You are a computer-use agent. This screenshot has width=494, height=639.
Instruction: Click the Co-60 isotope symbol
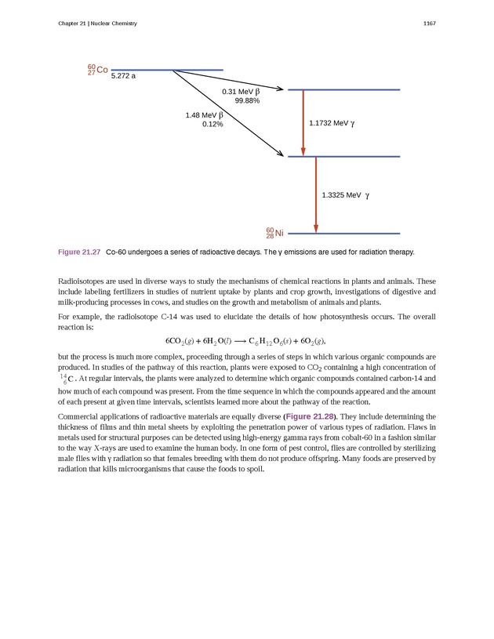[97, 70]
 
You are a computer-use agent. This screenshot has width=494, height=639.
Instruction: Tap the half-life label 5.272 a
[123, 76]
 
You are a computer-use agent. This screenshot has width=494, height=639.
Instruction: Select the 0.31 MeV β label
[241, 92]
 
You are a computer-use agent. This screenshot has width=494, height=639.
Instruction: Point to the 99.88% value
[247, 101]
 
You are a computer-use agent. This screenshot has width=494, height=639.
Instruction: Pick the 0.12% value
[212, 124]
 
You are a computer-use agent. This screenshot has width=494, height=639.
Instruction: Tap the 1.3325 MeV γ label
[345, 194]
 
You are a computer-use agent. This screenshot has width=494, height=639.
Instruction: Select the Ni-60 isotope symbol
[274, 233]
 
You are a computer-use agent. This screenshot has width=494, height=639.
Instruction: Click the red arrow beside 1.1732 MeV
[303, 123]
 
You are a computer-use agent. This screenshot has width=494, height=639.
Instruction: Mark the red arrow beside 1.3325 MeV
[316, 194]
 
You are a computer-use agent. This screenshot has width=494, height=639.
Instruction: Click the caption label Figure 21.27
[79, 252]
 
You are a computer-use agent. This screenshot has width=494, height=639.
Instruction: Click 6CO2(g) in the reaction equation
[183, 342]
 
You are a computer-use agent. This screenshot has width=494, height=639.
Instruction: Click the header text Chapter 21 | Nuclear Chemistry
[97, 24]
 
